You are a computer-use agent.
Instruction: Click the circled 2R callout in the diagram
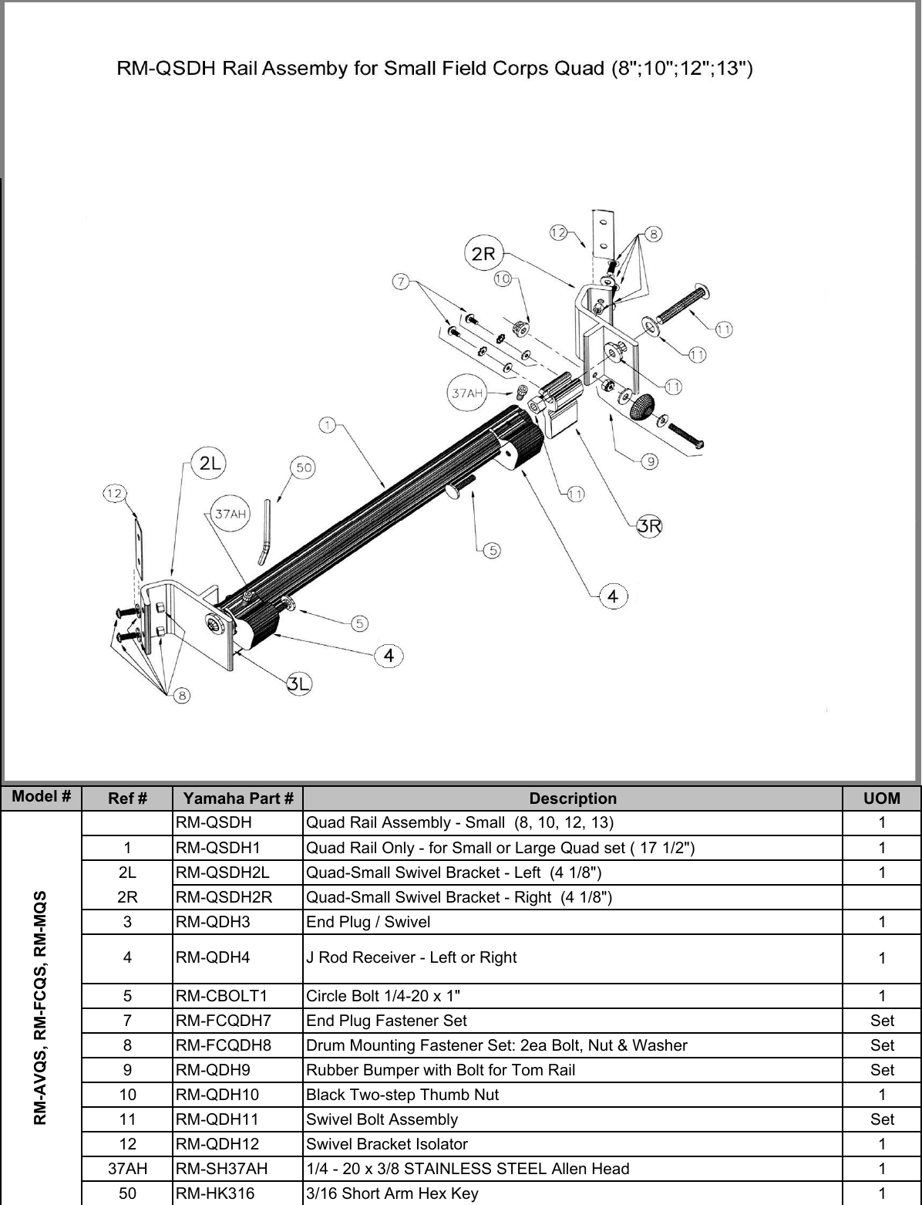point(483,254)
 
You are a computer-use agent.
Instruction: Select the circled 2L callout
point(210,463)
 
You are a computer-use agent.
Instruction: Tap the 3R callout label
point(649,526)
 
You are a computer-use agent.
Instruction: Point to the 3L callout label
point(299,683)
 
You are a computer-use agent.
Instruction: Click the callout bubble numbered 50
point(305,468)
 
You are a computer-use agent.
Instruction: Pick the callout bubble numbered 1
point(328,424)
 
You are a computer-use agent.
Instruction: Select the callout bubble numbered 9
point(651,461)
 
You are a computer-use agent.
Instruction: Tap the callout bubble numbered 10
point(503,278)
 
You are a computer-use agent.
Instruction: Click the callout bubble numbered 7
point(400,282)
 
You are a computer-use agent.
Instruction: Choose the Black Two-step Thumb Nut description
point(402,1095)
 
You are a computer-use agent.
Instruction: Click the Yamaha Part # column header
point(238,798)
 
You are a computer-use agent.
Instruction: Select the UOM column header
point(882,798)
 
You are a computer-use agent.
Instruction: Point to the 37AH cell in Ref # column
point(126,1169)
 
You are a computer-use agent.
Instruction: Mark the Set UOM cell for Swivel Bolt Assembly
point(882,1119)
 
